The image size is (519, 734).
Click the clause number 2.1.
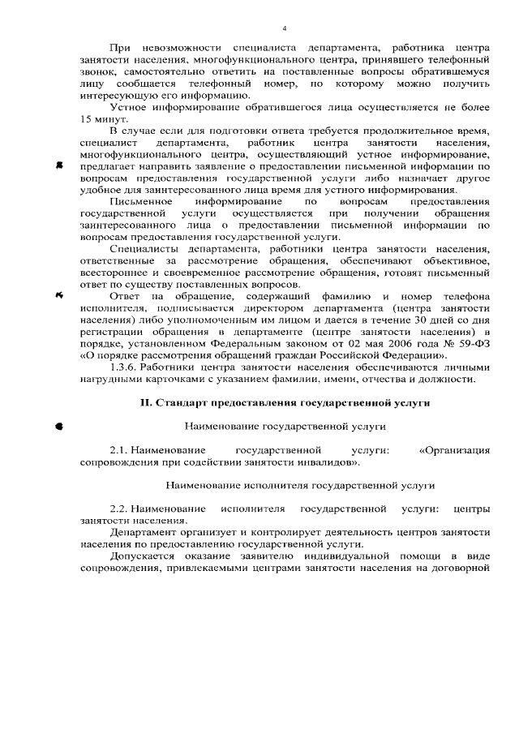coord(119,449)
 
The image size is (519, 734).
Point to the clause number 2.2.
coord(119,509)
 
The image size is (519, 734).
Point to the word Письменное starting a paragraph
coord(139,201)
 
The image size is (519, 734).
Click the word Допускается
coord(144,556)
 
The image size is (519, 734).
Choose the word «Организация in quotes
coord(454,449)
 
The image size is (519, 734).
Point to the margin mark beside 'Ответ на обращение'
coord(60,296)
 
